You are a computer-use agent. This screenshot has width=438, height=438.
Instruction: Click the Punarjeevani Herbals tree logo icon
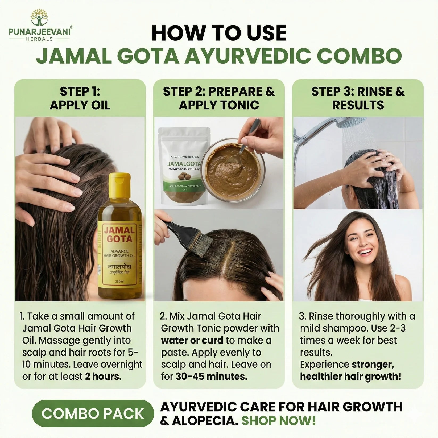pyautogui.click(x=39, y=18)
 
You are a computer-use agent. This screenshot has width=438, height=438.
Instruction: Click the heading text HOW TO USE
pyautogui.click(x=219, y=33)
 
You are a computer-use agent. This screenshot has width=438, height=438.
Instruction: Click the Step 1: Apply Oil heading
pyautogui.click(x=80, y=98)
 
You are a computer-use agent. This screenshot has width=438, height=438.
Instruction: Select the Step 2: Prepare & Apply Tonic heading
pyautogui.click(x=219, y=98)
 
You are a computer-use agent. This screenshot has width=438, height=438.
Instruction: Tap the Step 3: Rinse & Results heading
pyautogui.click(x=358, y=98)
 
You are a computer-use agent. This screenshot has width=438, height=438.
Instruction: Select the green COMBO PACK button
pyautogui.click(x=93, y=414)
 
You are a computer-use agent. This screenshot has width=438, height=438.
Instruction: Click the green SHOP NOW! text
pyautogui.click(x=278, y=421)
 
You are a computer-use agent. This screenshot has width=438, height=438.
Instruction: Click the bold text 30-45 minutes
pyautogui.click(x=212, y=377)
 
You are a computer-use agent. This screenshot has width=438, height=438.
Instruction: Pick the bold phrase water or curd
pyautogui.click(x=192, y=340)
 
